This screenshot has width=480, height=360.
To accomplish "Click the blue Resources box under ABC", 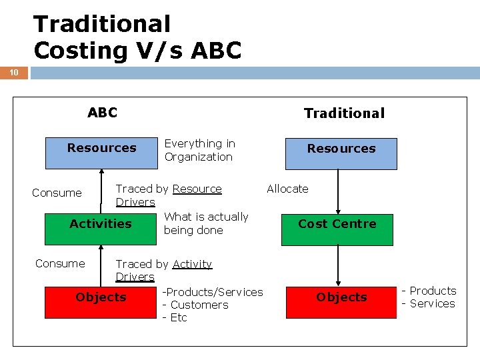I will [x=101, y=153].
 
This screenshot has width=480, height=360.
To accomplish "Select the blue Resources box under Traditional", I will [x=341, y=153].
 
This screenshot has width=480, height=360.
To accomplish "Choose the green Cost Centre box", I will [x=337, y=229].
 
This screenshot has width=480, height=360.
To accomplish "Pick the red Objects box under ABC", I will [x=101, y=301].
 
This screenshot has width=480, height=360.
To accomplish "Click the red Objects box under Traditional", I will [x=341, y=301].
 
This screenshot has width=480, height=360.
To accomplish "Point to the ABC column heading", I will [x=102, y=113].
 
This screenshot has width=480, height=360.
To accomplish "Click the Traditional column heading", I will [x=344, y=113].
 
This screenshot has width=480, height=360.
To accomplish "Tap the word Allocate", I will [x=287, y=189].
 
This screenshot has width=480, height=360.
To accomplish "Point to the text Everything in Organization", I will [x=199, y=150].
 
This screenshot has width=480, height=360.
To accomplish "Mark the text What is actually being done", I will [x=205, y=223].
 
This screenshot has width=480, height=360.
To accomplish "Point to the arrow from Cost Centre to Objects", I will [x=338, y=265].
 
